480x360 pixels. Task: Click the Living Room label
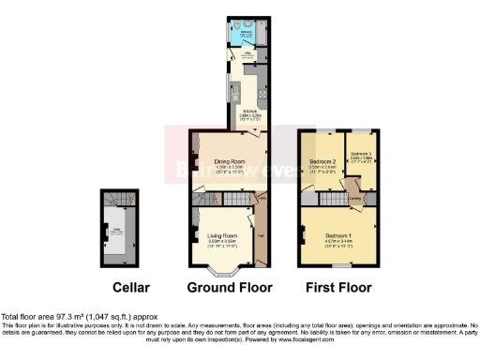tap(221, 236)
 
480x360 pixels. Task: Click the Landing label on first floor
tap(355, 198)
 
